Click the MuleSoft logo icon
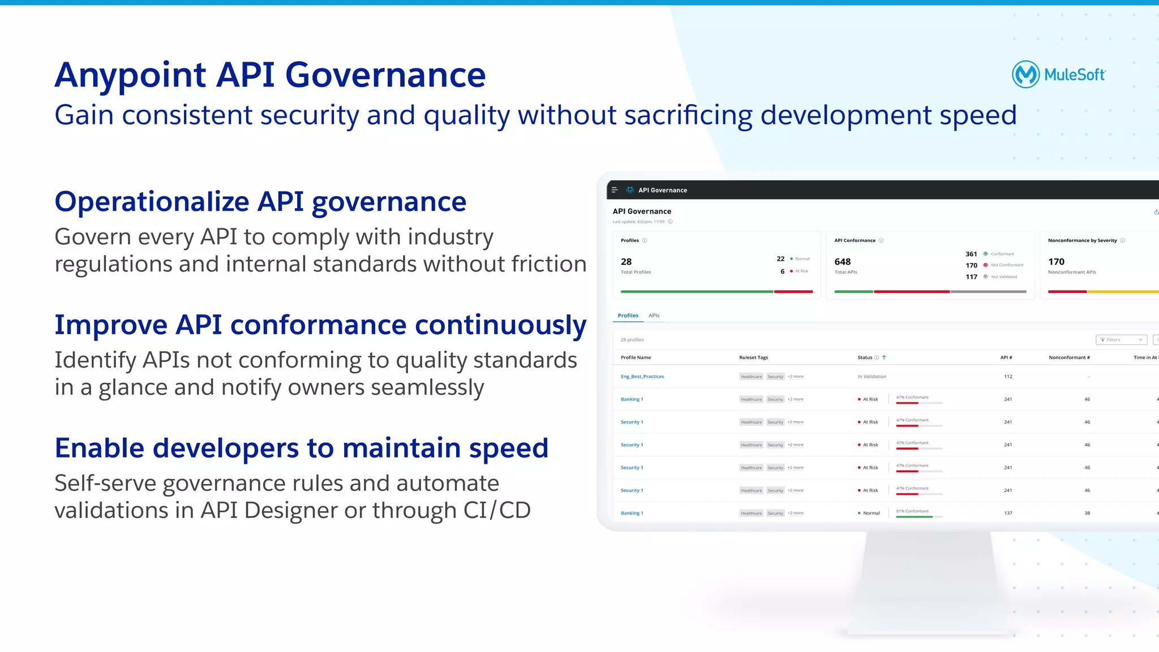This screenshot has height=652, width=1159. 1025,74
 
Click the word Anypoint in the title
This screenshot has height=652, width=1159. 130,75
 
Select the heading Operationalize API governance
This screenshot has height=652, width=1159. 260,202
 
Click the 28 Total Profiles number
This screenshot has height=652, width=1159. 626,262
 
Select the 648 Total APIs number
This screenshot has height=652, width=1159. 842,262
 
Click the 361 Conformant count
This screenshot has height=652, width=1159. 971,254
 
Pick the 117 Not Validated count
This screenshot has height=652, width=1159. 971,277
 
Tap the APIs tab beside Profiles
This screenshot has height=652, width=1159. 654,316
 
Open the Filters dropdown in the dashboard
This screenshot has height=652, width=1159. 1121,340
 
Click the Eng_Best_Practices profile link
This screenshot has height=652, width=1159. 642,377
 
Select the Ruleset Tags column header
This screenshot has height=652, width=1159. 753,357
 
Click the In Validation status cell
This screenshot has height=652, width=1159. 872,377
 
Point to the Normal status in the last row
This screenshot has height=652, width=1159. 871,513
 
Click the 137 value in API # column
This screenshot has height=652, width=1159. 1008,513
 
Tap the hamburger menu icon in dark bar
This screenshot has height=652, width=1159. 615,190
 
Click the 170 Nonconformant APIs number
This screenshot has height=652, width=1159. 1056,262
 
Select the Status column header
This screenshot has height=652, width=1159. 865,357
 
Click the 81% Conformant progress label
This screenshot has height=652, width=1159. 912,511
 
